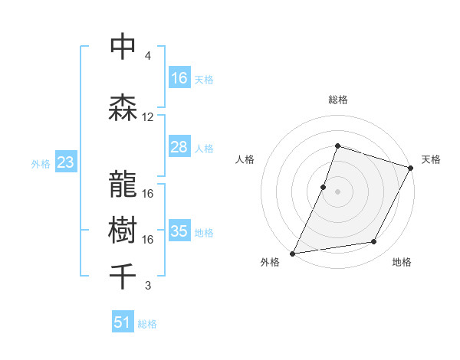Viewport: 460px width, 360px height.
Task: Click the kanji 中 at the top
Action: pyautogui.click(x=123, y=47)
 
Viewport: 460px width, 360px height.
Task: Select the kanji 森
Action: pyautogui.click(x=123, y=107)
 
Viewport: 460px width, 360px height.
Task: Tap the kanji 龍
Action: pyautogui.click(x=123, y=183)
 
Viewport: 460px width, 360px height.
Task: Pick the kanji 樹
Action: pyautogui.click(x=123, y=229)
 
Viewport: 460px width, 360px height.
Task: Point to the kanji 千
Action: pyautogui.click(x=123, y=275)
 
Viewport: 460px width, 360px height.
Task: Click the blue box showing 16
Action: pyautogui.click(x=179, y=78)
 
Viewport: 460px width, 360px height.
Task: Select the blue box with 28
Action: pyautogui.click(x=179, y=147)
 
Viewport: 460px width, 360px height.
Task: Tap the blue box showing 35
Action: pyautogui.click(x=179, y=231)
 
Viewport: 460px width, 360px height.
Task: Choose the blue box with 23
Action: pyautogui.click(x=65, y=162)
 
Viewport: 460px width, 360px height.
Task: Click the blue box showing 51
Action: pyautogui.click(x=123, y=322)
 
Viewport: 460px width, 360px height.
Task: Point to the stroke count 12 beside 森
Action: pyautogui.click(x=148, y=117)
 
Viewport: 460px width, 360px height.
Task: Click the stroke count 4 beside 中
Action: pyautogui.click(x=148, y=56)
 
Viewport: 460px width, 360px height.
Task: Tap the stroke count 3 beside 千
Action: pyautogui.click(x=148, y=286)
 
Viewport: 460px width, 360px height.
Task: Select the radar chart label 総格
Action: pyautogui.click(x=338, y=100)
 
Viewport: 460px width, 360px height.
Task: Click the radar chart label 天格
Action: pyautogui.click(x=431, y=159)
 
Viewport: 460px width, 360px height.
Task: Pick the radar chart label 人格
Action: pyautogui.click(x=245, y=159)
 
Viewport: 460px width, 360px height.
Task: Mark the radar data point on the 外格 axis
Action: pyautogui.click(x=293, y=253)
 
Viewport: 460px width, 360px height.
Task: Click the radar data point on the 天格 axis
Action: pyautogui.click(x=412, y=168)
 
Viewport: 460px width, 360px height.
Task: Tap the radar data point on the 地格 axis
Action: pyautogui.click(x=374, y=242)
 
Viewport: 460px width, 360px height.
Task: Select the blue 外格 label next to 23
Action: pyautogui.click(x=40, y=163)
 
